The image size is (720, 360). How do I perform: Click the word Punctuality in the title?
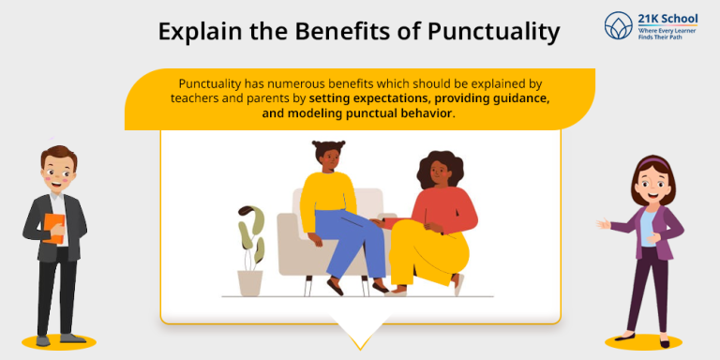pyautogui.click(x=493, y=32)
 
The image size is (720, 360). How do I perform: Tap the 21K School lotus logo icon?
pyautogui.click(x=619, y=25)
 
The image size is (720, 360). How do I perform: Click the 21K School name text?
pyautogui.click(x=662, y=19)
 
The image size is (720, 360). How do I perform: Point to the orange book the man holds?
pyautogui.click(x=55, y=229)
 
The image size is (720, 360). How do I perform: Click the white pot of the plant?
pyautogui.click(x=249, y=282)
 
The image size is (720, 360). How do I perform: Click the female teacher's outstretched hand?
pyautogui.click(x=603, y=224)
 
